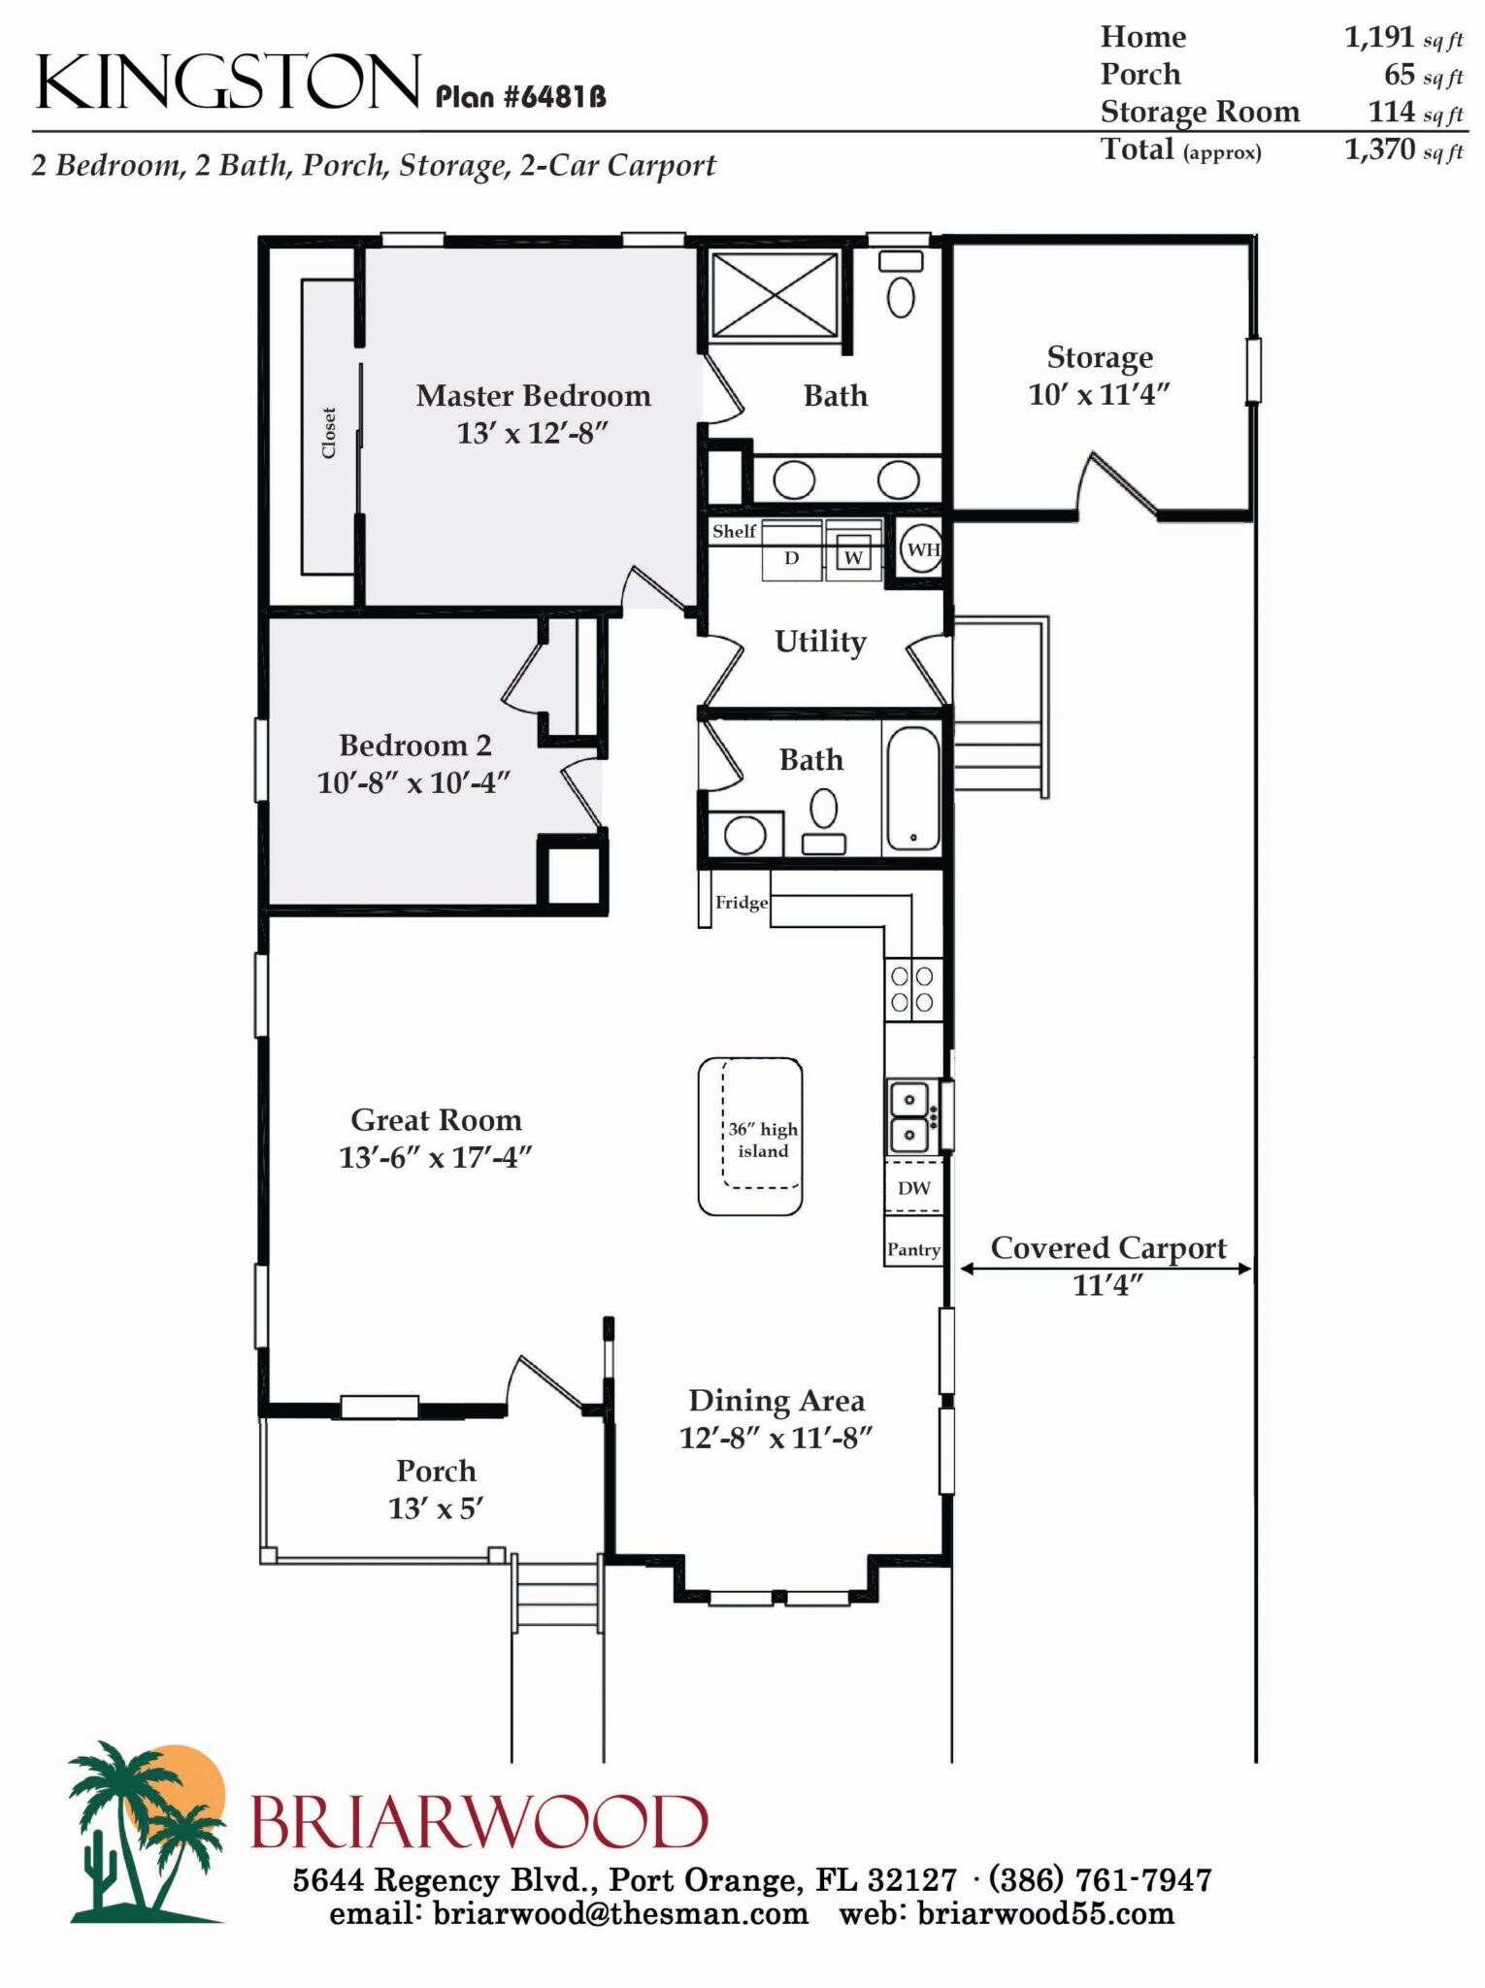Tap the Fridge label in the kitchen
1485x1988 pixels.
tap(741, 903)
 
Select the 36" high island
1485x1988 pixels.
tap(750, 1137)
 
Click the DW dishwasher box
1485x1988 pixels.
tap(913, 1188)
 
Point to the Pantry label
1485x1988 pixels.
tap(913, 1249)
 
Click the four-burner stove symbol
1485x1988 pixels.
tap(913, 989)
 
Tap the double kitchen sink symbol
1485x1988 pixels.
tap(911, 1116)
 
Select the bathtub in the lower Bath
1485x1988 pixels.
tap(912, 789)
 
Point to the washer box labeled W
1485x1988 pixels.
tap(853, 557)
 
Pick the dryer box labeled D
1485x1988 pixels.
tap(792, 557)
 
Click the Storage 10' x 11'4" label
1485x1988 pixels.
tap(1099, 376)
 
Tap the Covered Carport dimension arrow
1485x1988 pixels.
tap(1105, 1268)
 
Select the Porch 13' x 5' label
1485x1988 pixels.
tap(436, 1489)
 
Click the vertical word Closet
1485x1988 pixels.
tap(329, 433)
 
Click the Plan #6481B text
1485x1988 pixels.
tap(520, 97)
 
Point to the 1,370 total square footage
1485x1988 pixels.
tap(1379, 149)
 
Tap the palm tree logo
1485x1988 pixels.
tap(146, 1833)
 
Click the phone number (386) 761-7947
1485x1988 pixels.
tap(1100, 1879)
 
